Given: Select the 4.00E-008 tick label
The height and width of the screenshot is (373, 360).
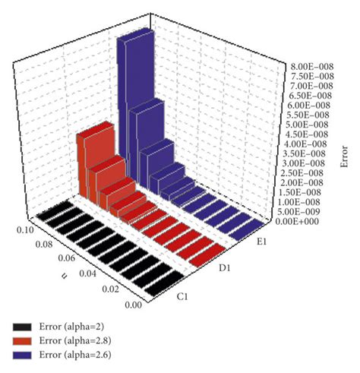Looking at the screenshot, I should click(x=298, y=144).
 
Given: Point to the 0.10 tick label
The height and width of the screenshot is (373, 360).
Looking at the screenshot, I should click(x=24, y=227).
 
